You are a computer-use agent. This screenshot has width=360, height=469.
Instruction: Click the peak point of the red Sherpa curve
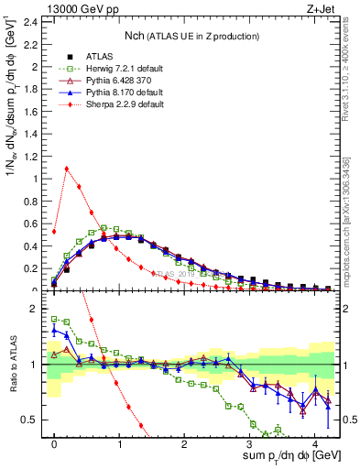click(x=67, y=168)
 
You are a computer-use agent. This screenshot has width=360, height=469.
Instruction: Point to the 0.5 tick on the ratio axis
click(x=34, y=420)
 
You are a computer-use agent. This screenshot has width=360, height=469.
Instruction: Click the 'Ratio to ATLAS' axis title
click(x=12, y=365)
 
